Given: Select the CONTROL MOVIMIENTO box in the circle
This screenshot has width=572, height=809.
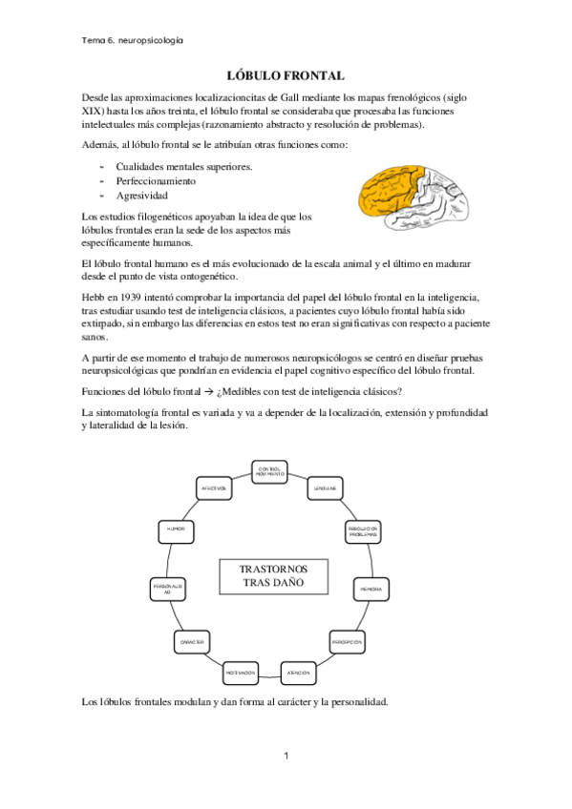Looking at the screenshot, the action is click(269, 470).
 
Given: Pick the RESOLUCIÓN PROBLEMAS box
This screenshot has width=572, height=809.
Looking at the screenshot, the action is click(363, 530).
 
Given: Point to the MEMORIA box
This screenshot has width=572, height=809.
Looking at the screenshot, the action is click(371, 590).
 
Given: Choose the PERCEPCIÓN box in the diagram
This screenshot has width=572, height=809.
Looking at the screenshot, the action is click(348, 643).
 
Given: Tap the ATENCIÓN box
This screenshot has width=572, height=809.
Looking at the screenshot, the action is click(299, 674).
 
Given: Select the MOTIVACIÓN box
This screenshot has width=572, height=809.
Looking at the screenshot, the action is click(241, 674).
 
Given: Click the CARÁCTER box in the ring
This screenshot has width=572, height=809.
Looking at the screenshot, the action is click(192, 643).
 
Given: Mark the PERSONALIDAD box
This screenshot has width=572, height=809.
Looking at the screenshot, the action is click(167, 590).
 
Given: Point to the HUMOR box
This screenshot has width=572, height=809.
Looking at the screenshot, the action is click(176, 528).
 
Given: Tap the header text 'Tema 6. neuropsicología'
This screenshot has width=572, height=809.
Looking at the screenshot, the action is click(134, 40).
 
